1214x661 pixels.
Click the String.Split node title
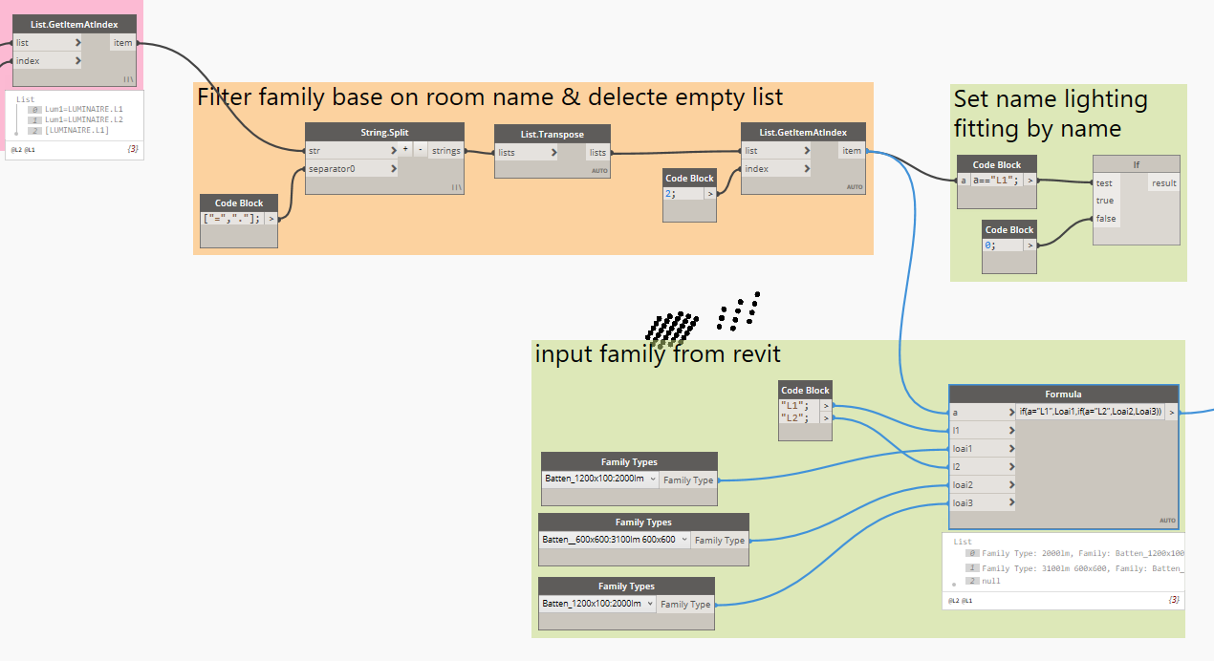pyautogui.click(x=384, y=132)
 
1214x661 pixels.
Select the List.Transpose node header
pyautogui.click(x=553, y=134)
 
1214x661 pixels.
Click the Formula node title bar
pyautogui.click(x=1063, y=394)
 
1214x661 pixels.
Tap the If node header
pyautogui.click(x=1136, y=164)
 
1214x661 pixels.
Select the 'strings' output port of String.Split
pyautogui.click(x=446, y=151)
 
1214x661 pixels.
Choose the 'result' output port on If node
pyautogui.click(x=1163, y=182)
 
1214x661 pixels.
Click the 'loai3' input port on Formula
pyautogui.click(x=981, y=502)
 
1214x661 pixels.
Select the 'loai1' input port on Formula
pyautogui.click(x=981, y=448)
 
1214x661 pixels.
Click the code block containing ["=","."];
pyautogui.click(x=232, y=218)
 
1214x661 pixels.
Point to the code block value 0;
pyautogui.click(x=1003, y=245)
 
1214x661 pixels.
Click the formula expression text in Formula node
pyautogui.click(x=1090, y=412)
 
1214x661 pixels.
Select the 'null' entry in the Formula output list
pyautogui.click(x=992, y=581)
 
